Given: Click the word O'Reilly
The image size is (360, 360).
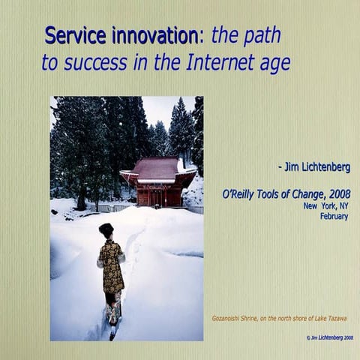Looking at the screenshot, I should click(241, 194).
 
